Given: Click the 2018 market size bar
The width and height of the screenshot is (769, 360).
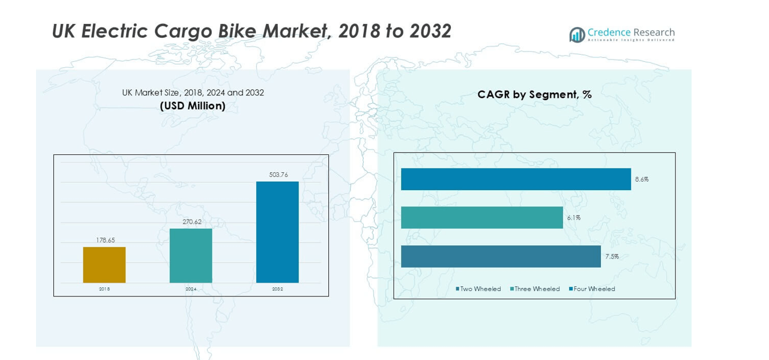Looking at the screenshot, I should [x=104, y=265].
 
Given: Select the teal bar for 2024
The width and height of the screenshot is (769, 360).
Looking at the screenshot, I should [x=191, y=256].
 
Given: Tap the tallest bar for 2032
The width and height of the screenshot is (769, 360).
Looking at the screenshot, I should [x=277, y=232].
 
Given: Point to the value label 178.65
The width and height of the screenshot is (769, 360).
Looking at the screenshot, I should [x=105, y=240].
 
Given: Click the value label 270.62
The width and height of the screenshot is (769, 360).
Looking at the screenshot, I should [x=191, y=222].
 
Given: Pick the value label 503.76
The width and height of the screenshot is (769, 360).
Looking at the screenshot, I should [x=278, y=175].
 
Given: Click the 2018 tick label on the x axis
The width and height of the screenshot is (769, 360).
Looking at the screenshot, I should [x=104, y=289].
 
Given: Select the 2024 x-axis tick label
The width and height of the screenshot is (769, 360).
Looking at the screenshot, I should [x=191, y=289].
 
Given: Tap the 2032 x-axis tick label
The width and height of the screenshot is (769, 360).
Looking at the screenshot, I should [x=277, y=289].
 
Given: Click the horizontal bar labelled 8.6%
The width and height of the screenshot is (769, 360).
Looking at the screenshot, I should [x=516, y=179].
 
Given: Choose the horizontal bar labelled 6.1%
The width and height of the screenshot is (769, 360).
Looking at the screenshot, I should [x=482, y=217].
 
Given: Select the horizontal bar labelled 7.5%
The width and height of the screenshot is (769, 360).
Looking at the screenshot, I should [x=501, y=256].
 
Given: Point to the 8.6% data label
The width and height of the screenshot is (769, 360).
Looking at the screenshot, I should [x=642, y=179].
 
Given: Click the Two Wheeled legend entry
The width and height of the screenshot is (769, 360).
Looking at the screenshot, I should [x=478, y=289].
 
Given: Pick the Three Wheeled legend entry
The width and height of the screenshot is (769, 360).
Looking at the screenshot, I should [x=535, y=289].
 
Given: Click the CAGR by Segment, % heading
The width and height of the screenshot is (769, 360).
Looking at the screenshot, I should [x=534, y=94].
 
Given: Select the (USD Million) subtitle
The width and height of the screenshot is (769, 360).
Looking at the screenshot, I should [x=193, y=106].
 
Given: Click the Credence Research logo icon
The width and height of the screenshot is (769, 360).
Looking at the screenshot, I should [x=577, y=35].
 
